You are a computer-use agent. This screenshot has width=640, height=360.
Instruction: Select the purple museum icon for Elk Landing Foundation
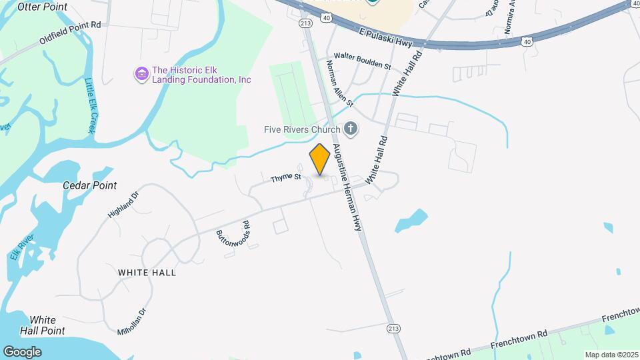[141, 73]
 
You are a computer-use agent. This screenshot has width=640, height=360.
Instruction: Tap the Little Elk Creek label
[91, 105]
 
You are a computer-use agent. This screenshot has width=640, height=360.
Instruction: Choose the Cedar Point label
[89, 185]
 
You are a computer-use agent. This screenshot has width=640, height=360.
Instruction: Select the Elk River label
[17, 247]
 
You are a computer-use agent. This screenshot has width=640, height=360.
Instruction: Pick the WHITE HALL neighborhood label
[147, 273]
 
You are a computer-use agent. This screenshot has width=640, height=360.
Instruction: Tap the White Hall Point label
[43, 325]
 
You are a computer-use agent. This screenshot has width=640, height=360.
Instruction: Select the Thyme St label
[286, 178]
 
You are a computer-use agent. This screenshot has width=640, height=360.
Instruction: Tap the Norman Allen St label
[339, 84]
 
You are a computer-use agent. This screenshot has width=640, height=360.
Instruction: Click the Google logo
[22, 351]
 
